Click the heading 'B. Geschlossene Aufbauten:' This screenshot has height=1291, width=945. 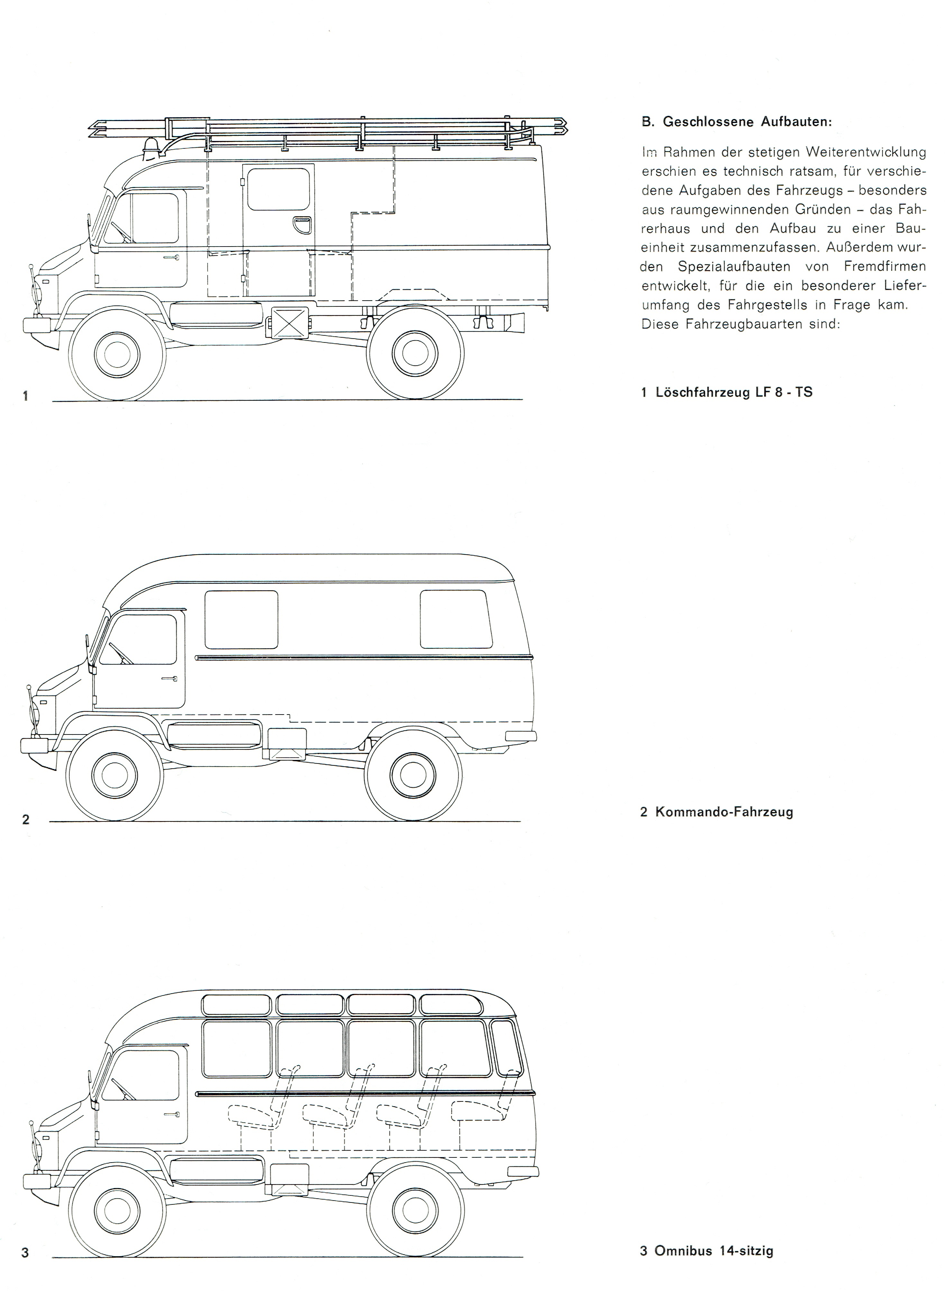pyautogui.click(x=737, y=122)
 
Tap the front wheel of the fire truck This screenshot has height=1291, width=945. pyautogui.click(x=117, y=353)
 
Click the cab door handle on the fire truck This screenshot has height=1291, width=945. pyautogui.click(x=170, y=259)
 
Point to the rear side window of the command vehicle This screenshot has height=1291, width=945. pyautogui.click(x=456, y=619)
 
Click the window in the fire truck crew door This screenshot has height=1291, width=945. pyautogui.click(x=279, y=189)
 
